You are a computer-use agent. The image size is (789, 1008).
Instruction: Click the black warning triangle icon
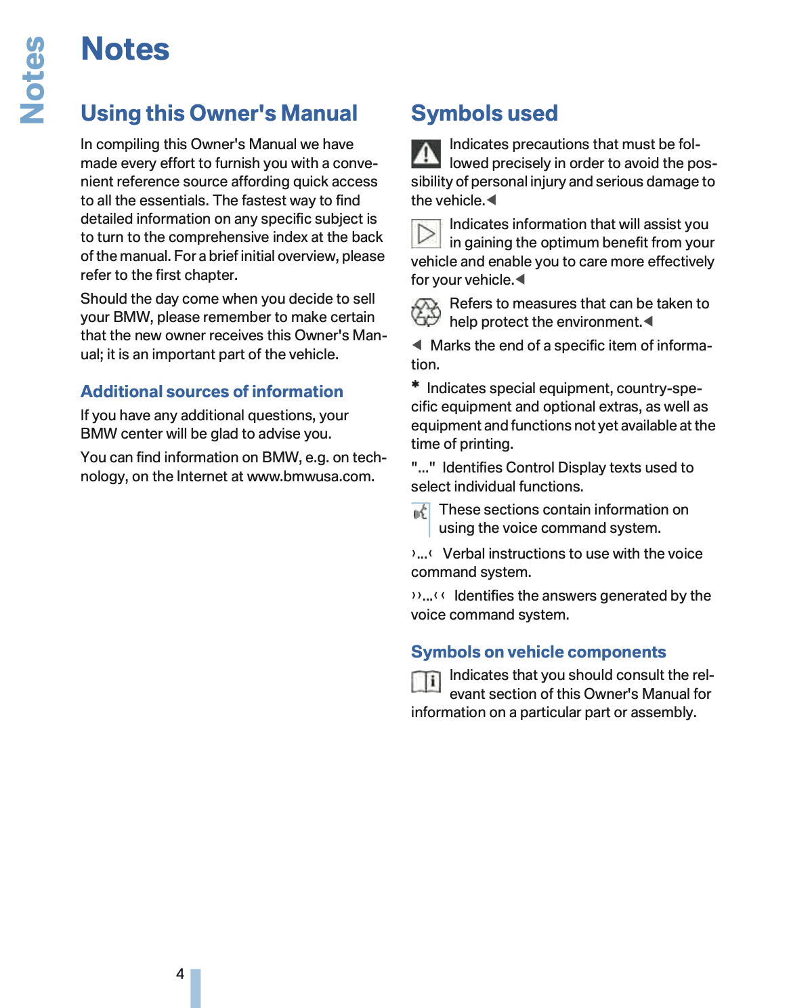click(426, 154)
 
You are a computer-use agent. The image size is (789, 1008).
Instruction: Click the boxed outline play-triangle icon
click(426, 234)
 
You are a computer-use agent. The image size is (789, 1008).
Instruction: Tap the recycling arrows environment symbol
click(426, 313)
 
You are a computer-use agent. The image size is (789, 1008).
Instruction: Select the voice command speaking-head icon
click(421, 512)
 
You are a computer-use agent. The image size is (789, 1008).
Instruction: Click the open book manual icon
click(426, 681)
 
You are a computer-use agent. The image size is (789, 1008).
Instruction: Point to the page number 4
click(180, 974)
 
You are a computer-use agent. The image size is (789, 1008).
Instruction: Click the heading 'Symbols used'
click(484, 113)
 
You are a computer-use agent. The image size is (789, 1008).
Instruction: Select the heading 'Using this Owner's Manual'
click(219, 113)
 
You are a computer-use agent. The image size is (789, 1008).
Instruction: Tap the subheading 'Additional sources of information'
click(211, 392)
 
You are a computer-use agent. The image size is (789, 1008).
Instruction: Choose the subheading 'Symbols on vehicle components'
click(538, 652)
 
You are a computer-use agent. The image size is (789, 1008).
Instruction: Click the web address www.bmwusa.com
click(310, 477)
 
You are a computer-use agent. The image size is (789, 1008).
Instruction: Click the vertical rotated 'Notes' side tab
click(33, 80)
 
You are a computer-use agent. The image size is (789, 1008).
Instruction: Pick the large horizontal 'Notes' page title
click(125, 49)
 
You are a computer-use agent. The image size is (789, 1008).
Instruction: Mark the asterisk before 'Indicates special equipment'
click(415, 386)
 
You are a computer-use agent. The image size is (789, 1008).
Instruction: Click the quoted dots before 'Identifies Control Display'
click(423, 468)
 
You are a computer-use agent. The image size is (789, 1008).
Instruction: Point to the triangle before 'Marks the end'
click(417, 345)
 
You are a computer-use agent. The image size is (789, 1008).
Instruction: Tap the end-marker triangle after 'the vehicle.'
click(492, 200)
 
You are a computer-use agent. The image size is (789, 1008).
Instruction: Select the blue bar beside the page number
click(196, 988)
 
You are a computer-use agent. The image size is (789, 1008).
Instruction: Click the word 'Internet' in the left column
click(201, 477)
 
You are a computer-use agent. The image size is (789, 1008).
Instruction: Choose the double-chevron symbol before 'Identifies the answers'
click(428, 597)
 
